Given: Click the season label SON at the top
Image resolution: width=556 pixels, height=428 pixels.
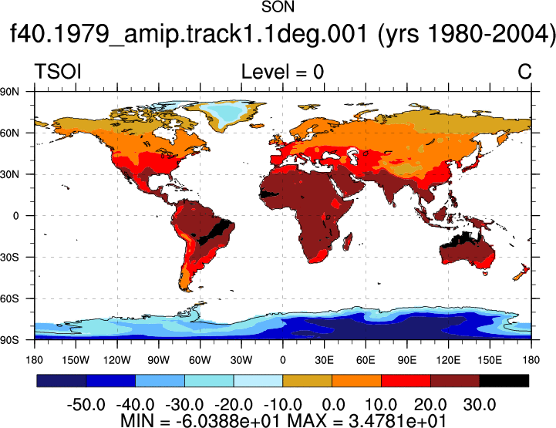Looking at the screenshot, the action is click(x=278, y=7).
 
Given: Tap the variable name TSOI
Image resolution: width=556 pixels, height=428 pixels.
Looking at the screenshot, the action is click(x=58, y=72).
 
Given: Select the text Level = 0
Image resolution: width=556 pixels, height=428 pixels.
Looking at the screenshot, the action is click(x=282, y=72).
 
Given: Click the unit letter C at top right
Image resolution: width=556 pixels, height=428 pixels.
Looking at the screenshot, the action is click(x=524, y=72).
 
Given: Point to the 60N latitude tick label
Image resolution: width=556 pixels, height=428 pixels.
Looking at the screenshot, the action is click(x=9, y=133).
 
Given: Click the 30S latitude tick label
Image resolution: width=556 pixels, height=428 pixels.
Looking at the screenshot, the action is click(x=9, y=257).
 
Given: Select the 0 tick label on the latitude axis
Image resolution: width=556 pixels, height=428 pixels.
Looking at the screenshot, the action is click(x=15, y=216).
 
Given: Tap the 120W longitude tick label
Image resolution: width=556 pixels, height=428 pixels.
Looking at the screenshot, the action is click(x=117, y=361).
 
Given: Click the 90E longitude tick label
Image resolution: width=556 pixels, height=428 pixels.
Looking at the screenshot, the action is click(x=406, y=361).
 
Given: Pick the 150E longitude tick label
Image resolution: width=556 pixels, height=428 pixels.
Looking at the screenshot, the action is click(x=490, y=361).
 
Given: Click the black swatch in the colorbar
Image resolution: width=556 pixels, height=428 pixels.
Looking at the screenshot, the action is click(x=504, y=380).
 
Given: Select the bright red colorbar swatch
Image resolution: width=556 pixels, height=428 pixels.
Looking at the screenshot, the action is click(x=406, y=380).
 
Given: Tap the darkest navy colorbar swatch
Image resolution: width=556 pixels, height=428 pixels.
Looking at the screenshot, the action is click(x=62, y=380).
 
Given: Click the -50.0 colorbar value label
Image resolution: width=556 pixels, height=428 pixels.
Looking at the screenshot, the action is click(x=86, y=405).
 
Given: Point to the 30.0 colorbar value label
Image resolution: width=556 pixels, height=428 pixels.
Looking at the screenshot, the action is click(x=480, y=405).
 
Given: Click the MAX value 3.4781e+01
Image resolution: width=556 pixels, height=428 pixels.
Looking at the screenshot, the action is click(x=397, y=421).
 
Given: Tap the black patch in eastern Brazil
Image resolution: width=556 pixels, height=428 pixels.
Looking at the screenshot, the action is click(x=215, y=232).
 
